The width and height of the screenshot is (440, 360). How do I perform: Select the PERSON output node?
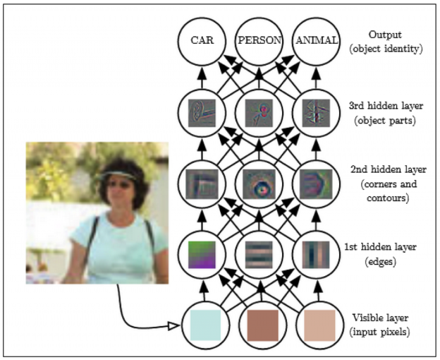pos(257,41)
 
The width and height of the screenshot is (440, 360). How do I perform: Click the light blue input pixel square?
pos(204,325)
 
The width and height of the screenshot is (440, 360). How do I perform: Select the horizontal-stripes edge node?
pos(258,253)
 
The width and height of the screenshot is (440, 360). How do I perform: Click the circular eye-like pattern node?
pos(258,184)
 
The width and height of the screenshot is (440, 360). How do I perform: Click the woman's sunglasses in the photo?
pos(117,185)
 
